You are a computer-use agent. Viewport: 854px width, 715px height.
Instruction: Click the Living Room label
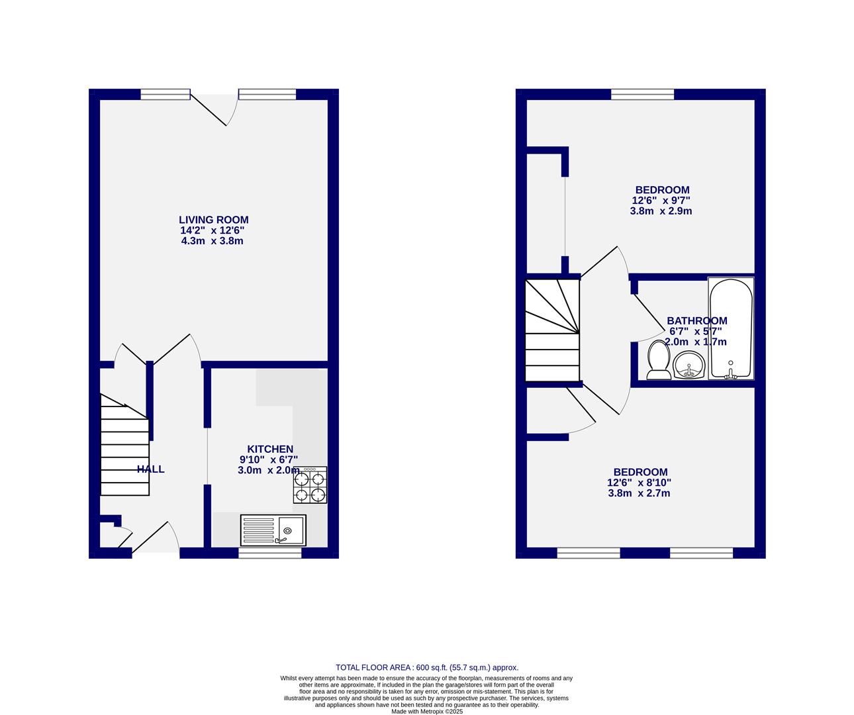213,220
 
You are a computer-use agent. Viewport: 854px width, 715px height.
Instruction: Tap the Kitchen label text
270,449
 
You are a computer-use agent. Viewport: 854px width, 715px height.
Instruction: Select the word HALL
151,469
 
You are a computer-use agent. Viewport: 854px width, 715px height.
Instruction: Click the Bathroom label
696,321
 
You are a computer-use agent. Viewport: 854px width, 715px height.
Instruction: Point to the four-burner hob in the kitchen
310,485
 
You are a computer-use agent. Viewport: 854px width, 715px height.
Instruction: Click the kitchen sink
273,530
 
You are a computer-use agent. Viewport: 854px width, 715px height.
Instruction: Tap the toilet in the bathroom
659,359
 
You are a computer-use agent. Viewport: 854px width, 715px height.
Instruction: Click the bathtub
731,328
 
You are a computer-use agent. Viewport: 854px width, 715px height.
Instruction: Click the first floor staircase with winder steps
552,330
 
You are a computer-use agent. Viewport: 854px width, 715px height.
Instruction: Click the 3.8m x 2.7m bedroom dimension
640,493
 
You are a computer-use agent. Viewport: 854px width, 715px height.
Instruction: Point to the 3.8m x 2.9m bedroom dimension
661,211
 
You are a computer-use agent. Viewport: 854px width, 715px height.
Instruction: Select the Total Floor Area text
427,667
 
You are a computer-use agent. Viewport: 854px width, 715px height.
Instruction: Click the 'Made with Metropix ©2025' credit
427,712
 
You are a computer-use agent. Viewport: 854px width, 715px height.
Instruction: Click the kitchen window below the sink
270,552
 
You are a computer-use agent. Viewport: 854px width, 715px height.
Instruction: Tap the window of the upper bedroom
642,94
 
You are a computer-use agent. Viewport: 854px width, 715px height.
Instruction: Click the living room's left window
166,94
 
